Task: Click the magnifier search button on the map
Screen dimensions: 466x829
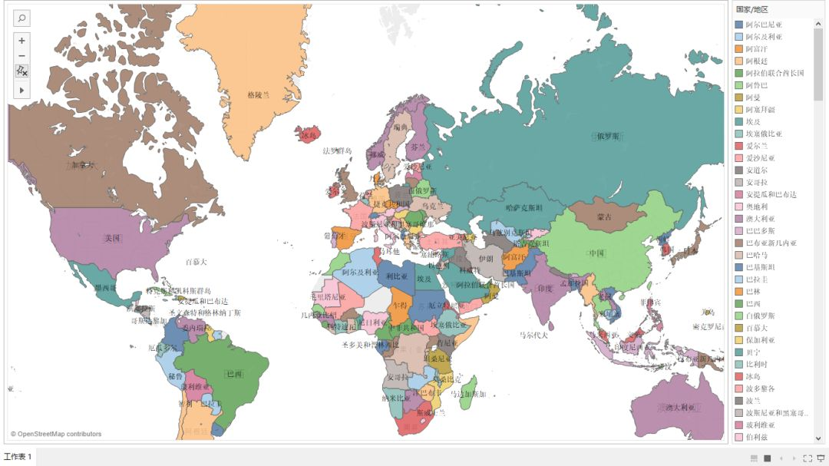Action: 21,18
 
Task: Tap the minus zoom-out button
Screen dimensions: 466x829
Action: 21,56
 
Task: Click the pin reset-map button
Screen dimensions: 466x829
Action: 21,71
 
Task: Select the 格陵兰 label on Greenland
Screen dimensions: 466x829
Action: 259,95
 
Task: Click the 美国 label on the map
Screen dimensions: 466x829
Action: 113,238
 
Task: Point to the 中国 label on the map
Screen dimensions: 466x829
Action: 596,253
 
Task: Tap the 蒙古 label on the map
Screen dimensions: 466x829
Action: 605,217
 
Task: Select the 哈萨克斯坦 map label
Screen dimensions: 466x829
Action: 524,208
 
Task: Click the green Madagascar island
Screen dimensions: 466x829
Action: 469,387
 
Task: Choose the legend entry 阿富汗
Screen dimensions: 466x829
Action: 761,49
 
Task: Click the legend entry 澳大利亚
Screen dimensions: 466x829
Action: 765,219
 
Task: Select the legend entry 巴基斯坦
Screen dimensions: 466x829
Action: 765,267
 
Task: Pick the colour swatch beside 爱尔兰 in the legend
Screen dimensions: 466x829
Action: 739,146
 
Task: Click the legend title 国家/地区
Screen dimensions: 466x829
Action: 751,9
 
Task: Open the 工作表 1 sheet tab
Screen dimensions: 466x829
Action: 18,457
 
